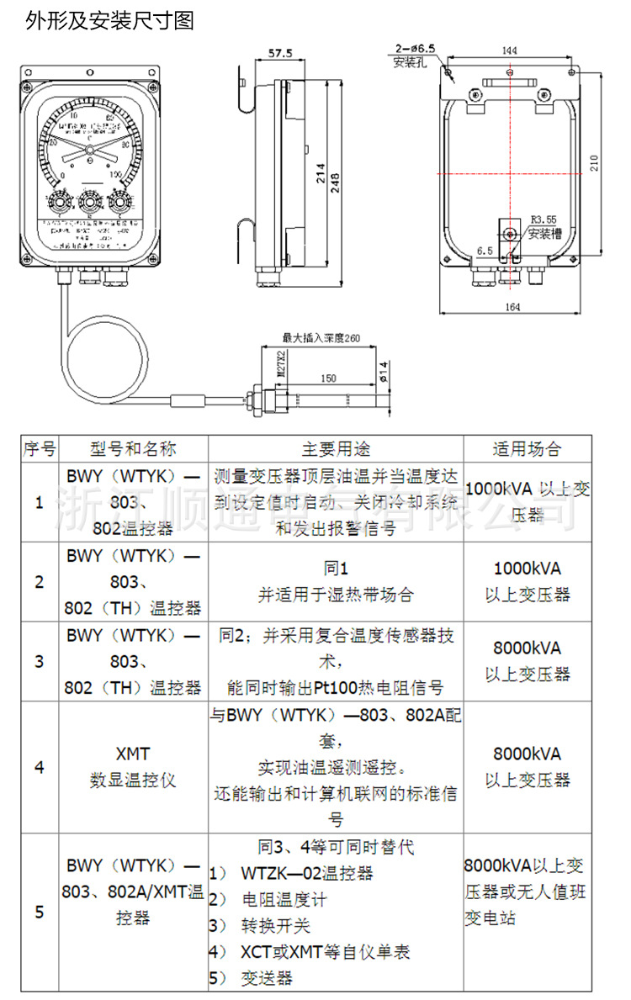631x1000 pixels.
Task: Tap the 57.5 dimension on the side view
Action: pos(279,53)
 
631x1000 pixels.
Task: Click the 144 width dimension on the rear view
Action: pos(509,50)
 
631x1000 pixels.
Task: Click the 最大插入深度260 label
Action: pos(321,338)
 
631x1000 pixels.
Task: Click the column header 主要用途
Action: pos(336,448)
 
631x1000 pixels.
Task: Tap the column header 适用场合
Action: pos(527,448)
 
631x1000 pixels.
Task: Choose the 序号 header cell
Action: pos(39,448)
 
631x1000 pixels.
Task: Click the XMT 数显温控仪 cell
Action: pos(132,767)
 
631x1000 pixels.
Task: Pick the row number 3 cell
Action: pos(39,661)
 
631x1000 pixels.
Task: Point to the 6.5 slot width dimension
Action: pos(485,251)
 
